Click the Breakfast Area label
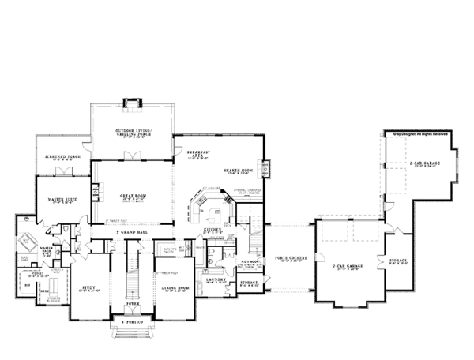coord(197,156)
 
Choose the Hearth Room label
coord(236,171)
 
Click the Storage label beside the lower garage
coord(398,260)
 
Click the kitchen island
coord(211,212)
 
